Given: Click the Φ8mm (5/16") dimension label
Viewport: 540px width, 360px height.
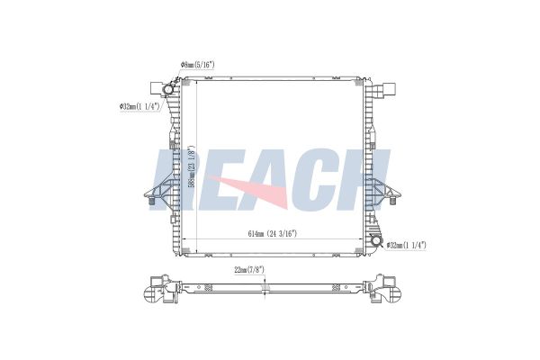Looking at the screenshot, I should click(x=203, y=65).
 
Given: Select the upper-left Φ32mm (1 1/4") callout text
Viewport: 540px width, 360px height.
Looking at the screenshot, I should click(x=139, y=106).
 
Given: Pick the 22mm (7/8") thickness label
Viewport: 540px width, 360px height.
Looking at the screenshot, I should click(x=250, y=269).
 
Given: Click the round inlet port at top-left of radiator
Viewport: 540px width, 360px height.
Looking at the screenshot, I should click(x=167, y=91).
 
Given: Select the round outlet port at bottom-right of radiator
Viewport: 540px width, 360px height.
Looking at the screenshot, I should click(x=373, y=243).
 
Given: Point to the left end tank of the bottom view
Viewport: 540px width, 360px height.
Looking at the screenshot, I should click(x=160, y=290).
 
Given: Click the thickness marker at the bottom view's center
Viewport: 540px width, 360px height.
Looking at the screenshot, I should click(x=265, y=286).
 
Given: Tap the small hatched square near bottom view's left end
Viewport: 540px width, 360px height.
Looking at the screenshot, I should click(x=209, y=288).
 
